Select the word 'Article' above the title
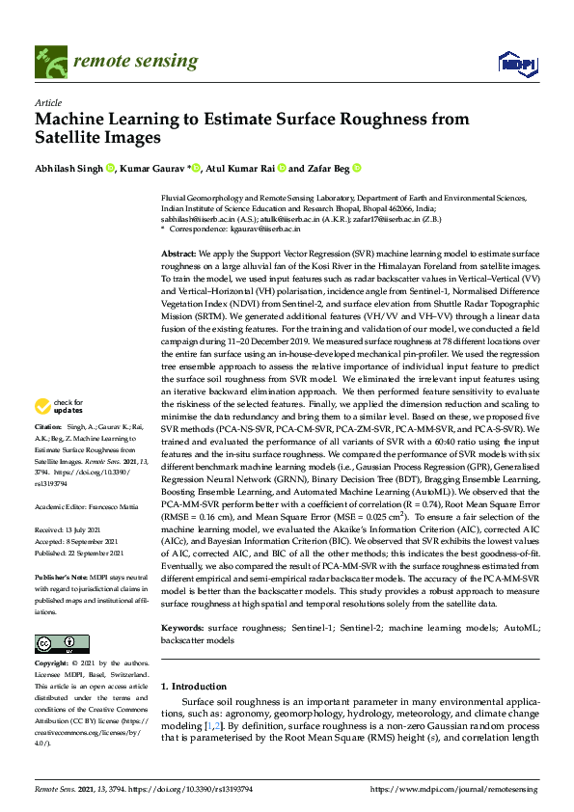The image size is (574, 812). click(47, 101)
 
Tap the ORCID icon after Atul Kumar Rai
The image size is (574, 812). click(282, 168)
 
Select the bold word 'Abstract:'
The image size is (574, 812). click(179, 251)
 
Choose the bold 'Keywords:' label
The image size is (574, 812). click(182, 601)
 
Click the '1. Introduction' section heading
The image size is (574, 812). click(193, 686)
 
